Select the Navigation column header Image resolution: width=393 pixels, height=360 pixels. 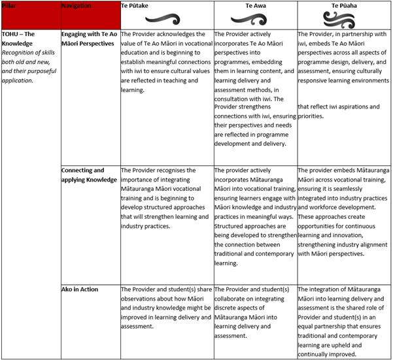tap(77, 6)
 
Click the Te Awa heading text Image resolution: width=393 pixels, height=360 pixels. tap(252, 5)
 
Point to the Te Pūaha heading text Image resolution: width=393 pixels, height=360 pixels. tap(343, 5)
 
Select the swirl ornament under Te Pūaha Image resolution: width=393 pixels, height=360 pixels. tap(344, 18)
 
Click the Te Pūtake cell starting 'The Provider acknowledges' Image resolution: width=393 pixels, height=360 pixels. tap(166, 61)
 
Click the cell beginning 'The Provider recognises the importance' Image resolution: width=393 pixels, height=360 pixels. tap(165, 198)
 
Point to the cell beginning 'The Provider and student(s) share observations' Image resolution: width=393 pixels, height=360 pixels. tap(165, 307)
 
